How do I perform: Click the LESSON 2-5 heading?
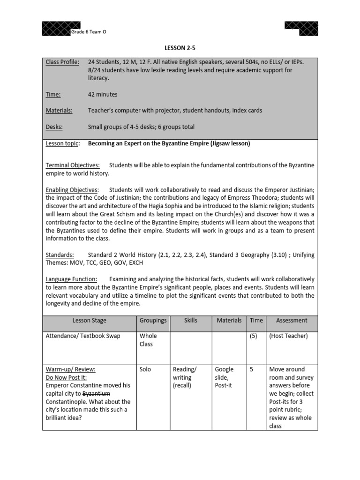click(x=180, y=47)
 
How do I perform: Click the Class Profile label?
click(x=62, y=62)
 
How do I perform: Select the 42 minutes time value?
click(x=103, y=94)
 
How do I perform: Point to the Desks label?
click(x=54, y=127)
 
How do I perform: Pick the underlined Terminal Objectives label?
click(x=72, y=165)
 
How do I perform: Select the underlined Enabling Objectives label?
click(x=72, y=190)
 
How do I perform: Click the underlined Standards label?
click(x=60, y=255)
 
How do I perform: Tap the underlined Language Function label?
click(x=71, y=279)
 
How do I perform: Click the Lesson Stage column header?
click(x=90, y=321)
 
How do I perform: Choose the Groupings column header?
click(x=153, y=321)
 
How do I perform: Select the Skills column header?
click(x=191, y=321)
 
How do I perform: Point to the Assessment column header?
click(x=292, y=321)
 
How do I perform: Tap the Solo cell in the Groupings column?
click(x=145, y=369)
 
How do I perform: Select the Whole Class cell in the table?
click(x=148, y=340)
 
